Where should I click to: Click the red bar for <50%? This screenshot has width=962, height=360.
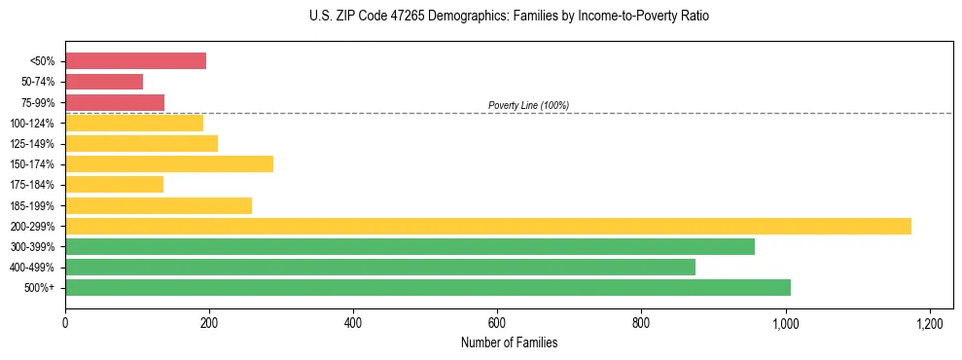coord(135,61)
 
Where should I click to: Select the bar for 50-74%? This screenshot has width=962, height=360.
coord(104,82)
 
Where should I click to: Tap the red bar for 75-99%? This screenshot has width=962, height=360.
coord(115,102)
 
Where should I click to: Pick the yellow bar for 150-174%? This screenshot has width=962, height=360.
coord(169,163)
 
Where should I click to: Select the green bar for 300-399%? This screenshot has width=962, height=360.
coord(410,246)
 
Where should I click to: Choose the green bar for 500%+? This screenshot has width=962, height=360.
coord(428,287)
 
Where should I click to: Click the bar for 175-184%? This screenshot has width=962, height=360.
coord(114,184)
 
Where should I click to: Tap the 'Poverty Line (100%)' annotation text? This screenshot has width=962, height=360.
coord(528,105)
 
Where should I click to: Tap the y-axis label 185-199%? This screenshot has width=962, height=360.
coord(32,205)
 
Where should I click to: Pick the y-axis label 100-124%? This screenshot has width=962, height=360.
coord(32,124)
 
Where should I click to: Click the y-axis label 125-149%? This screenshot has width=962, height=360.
coord(32,144)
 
